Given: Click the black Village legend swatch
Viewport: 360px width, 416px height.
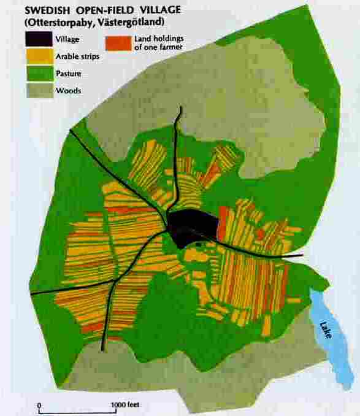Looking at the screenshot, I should click(37, 39).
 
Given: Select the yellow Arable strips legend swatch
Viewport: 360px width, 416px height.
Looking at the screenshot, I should click(37, 56).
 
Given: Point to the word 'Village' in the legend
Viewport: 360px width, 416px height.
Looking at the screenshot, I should click(67, 40).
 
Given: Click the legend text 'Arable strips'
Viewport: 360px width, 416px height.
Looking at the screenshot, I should click(76, 57).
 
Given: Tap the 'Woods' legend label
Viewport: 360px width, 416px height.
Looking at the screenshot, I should click(67, 91).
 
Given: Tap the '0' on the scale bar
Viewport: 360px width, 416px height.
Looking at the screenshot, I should click(39, 406).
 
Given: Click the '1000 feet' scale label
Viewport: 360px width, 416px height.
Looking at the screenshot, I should click(126, 406).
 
